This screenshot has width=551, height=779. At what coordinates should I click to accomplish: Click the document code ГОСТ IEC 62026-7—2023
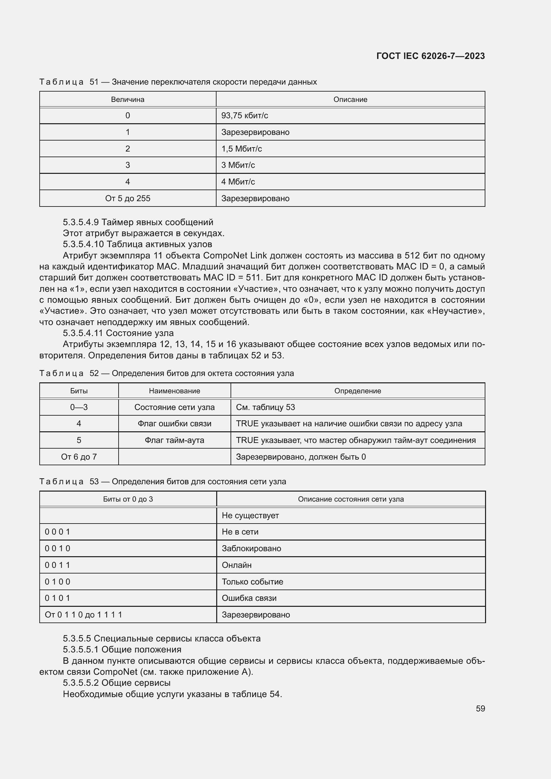click(430, 56)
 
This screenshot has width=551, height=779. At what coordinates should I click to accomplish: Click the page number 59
click(480, 708)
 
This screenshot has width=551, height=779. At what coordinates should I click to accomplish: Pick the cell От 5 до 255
click(128, 198)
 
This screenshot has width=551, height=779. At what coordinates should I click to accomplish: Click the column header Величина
click(128, 99)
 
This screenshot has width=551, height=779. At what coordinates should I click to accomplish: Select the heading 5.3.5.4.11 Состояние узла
click(118, 333)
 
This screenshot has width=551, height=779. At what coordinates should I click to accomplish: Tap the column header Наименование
click(174, 391)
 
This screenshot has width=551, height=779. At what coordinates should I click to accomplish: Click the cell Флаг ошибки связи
click(174, 424)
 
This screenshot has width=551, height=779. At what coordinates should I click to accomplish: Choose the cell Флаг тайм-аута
click(174, 440)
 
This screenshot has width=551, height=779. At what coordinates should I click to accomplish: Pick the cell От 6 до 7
click(79, 457)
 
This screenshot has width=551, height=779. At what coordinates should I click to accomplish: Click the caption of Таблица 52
click(166, 373)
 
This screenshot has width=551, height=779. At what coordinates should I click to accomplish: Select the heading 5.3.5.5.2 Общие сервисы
click(116, 683)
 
